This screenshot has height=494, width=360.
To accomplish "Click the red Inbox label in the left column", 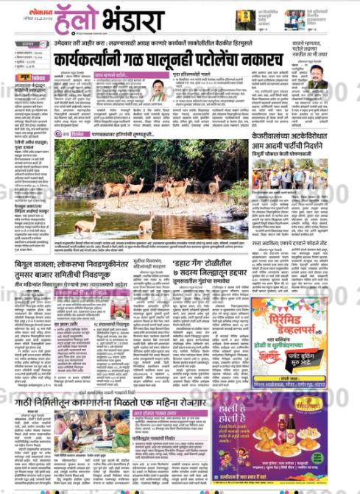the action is point(36,77).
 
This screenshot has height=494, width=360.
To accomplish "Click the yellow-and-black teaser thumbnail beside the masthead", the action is point(245,20).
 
